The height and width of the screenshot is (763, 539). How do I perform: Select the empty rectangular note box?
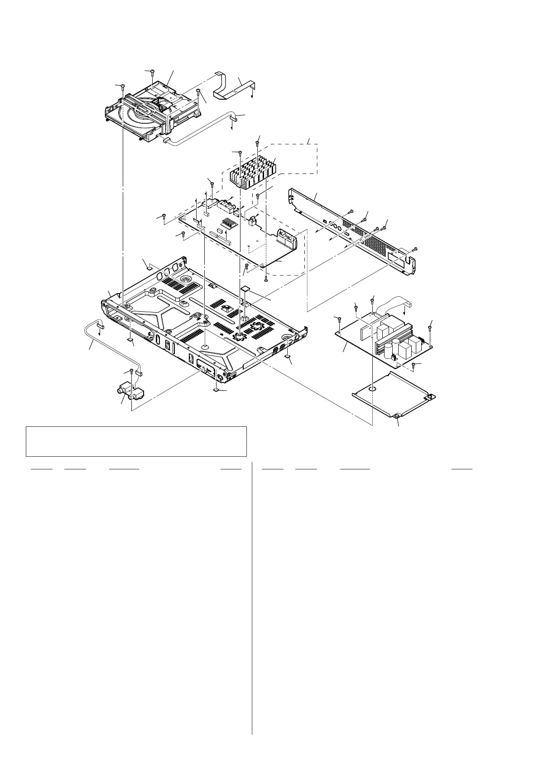[x=136, y=441]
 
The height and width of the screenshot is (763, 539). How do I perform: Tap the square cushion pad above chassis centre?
[x=246, y=288]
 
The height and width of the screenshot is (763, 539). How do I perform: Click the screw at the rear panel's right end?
[x=415, y=250]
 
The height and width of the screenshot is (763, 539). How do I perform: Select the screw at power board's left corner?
[x=339, y=319]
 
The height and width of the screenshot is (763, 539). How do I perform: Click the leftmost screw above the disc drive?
[x=122, y=86]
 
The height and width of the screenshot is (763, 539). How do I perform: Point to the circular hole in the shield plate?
[x=371, y=389]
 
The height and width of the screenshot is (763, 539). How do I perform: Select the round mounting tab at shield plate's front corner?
[x=397, y=415]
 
